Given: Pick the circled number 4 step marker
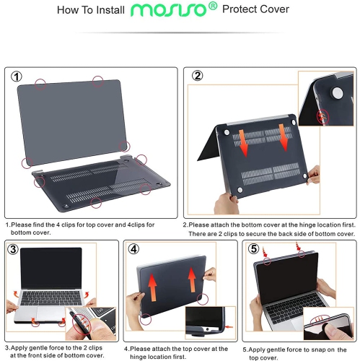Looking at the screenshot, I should click(x=134, y=250).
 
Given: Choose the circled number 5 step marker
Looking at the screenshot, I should click(x=253, y=250).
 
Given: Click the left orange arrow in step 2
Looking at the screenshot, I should click(x=245, y=142).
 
